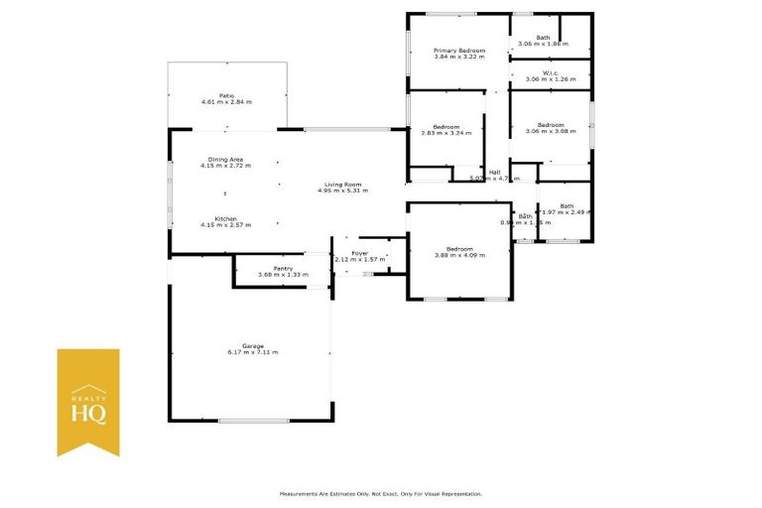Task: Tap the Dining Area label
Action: [x=225, y=159]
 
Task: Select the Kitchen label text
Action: [x=225, y=218]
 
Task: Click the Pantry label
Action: [x=268, y=268]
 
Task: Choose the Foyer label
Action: [x=359, y=253]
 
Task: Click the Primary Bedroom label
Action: [x=459, y=50]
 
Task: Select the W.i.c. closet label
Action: [x=550, y=72]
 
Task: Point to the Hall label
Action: [x=493, y=172]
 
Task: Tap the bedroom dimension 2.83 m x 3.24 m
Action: [x=445, y=132]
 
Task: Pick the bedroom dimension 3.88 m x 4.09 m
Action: [x=459, y=255]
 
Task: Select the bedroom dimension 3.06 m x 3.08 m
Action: [x=550, y=131]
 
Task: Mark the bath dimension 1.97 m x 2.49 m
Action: [x=566, y=212]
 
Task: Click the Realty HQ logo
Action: [x=88, y=402]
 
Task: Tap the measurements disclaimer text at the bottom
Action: [x=381, y=493]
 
